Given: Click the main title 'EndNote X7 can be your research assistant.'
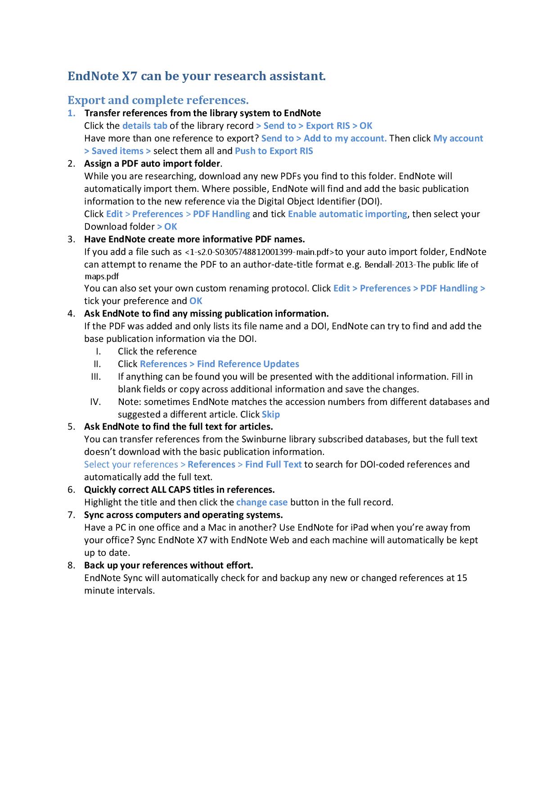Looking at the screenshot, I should click(x=196, y=76).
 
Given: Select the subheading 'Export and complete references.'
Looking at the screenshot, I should click(x=158, y=100).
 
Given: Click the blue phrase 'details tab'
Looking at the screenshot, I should click(x=144, y=126).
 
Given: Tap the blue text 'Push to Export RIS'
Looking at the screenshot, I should click(x=274, y=151).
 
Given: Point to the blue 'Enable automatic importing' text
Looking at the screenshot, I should click(x=347, y=214).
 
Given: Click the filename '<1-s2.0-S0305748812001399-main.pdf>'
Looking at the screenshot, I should click(x=260, y=252).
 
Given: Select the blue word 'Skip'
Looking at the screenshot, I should click(x=270, y=414).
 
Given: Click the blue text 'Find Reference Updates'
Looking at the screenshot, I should click(x=248, y=364).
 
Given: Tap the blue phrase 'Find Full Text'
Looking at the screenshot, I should click(x=273, y=464).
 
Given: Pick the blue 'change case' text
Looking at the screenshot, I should click(x=261, y=502).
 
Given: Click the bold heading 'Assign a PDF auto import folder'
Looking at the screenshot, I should click(x=152, y=163).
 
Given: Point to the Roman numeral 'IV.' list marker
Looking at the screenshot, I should click(x=95, y=402).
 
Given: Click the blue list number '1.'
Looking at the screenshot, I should click(x=72, y=113).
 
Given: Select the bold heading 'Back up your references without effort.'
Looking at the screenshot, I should click(x=169, y=565).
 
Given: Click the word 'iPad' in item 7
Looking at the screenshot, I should click(x=359, y=527).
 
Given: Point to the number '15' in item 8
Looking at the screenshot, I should click(x=462, y=578).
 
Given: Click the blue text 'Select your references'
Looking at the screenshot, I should click(x=131, y=464).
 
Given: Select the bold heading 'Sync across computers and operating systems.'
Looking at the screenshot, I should click(x=183, y=515).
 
